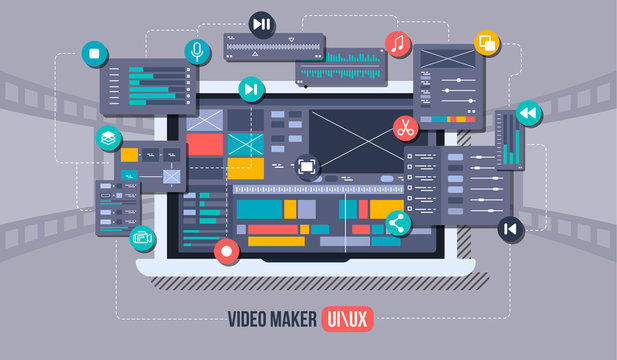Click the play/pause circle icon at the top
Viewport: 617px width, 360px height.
[x=261, y=24]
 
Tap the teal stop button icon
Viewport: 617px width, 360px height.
[x=93, y=53]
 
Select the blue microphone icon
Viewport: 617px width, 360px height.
[x=197, y=52]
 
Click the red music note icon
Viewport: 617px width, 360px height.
[x=398, y=44]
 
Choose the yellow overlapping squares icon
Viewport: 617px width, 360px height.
[x=487, y=42]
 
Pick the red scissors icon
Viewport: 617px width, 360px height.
[x=405, y=127]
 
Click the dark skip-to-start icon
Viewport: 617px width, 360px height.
[x=510, y=229]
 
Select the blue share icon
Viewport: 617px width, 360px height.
[x=398, y=224]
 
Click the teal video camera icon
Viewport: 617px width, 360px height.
[x=142, y=238]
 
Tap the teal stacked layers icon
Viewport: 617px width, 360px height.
[x=108, y=138]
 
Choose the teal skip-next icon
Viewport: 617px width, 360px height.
[x=249, y=90]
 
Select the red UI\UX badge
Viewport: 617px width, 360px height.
[x=346, y=319]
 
